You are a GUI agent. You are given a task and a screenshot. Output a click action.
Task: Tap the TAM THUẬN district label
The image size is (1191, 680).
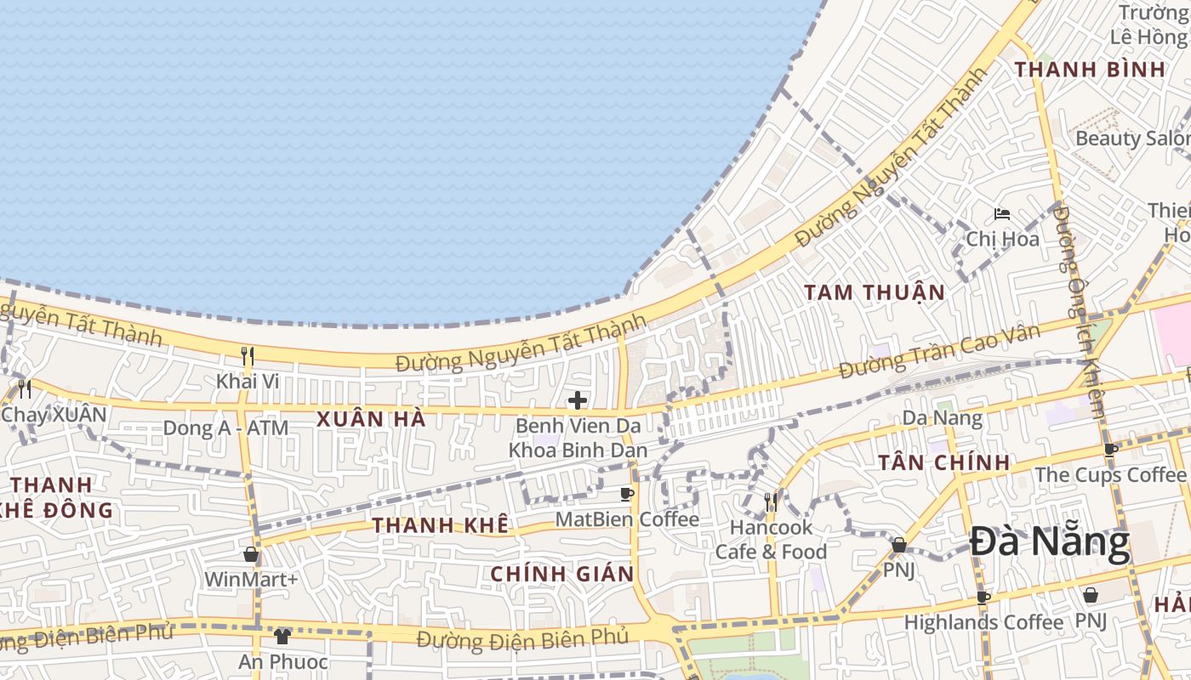tap(875, 293)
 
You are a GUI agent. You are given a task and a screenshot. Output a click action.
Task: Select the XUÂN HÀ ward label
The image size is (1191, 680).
tap(371, 419)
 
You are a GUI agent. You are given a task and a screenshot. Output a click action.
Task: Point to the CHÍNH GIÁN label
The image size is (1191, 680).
tap(562, 574)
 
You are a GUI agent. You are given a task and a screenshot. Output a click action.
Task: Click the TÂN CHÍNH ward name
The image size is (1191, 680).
tap(944, 463)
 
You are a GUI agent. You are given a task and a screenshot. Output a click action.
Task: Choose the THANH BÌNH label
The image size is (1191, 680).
tap(1090, 70)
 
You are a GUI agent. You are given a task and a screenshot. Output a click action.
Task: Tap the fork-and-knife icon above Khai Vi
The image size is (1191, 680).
tap(248, 355)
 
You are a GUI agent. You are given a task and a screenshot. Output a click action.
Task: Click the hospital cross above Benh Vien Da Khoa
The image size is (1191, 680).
tap(578, 399)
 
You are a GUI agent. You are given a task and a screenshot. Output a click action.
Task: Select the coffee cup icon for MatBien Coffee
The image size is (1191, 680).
tap(627, 494)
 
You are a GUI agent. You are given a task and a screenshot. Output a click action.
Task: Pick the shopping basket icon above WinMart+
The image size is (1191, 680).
tap(251, 554)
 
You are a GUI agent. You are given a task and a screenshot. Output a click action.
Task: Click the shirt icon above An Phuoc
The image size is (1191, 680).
tap(282, 636)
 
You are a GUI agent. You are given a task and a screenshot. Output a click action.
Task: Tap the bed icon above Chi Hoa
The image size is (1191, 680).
tap(1002, 214)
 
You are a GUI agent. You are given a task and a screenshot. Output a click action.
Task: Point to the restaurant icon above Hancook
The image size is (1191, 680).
tap(771, 501)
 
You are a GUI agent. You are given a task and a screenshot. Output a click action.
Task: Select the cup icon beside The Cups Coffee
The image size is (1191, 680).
tap(1110, 450)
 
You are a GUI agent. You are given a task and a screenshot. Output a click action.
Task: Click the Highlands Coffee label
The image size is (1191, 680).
tap(983, 622)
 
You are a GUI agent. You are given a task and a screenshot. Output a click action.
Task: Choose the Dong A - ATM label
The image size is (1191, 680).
tap(225, 428)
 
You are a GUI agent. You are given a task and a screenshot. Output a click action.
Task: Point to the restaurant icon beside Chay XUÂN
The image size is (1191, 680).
tap(25, 389)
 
